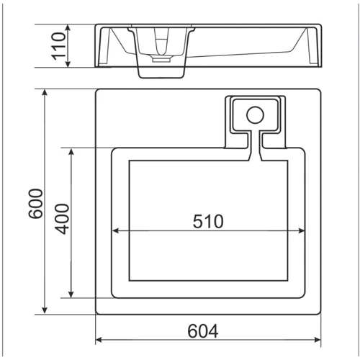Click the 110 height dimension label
(58, 46)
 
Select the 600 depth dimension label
(35, 204)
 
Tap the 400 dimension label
(62, 219)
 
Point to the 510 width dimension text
(208, 221)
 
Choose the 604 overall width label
(203, 331)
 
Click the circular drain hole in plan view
(255, 115)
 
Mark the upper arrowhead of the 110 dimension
(68, 27)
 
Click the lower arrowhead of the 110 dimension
(68, 64)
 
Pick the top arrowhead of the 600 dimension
(45, 92)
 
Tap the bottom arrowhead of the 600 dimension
(45, 311)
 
